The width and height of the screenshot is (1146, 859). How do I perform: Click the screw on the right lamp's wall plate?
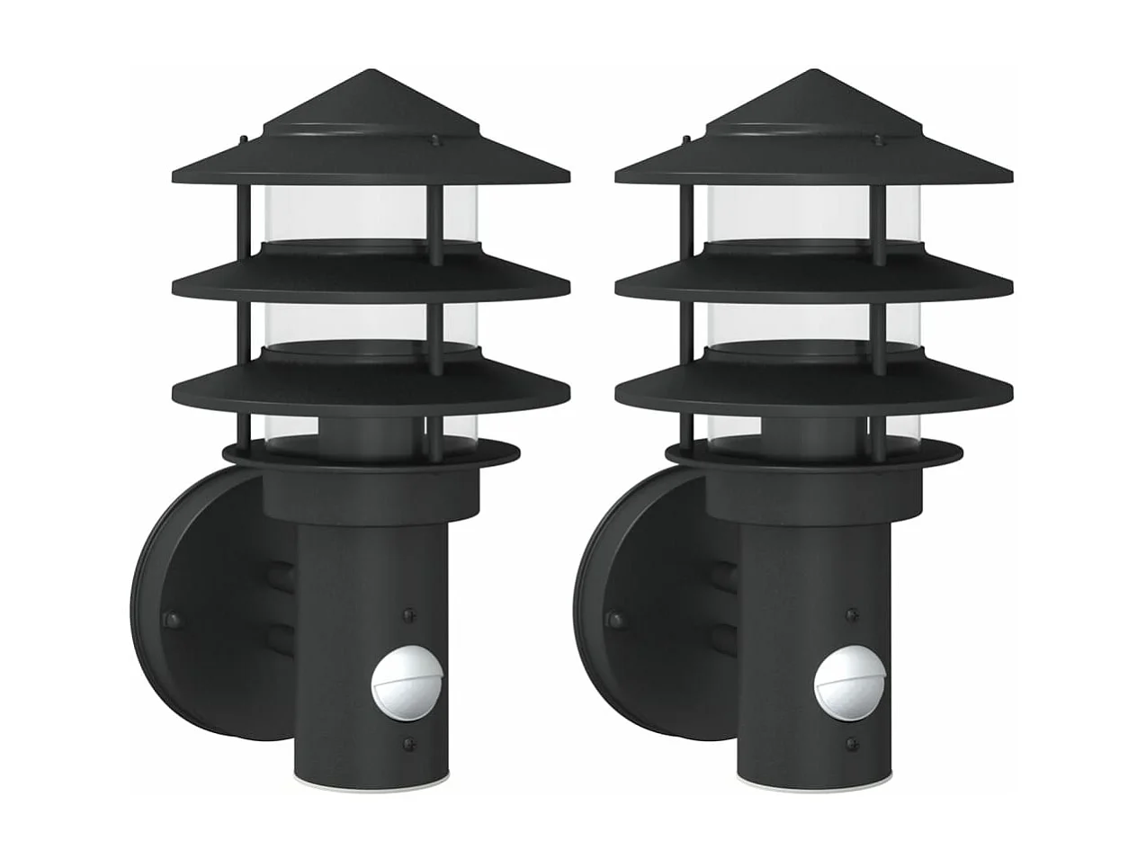point(613,619)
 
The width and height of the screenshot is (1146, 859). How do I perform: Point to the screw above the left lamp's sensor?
point(409,614)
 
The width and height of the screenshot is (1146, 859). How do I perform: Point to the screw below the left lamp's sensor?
point(409,743)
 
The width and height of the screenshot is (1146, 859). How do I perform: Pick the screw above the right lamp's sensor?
point(852,614)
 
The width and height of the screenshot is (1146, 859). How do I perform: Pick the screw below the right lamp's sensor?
point(852,744)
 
